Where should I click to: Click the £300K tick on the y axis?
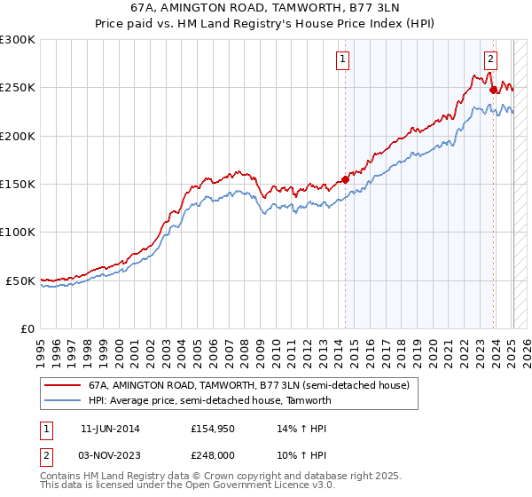coord(18,40)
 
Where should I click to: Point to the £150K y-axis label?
coord(18,185)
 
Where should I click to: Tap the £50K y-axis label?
coord(20,280)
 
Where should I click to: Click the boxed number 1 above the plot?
coord(342,59)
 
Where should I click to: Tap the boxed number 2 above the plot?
coord(490,59)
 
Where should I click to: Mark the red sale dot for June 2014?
coord(346,179)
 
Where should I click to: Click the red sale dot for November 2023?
coord(494,90)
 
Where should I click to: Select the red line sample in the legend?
coord(62,386)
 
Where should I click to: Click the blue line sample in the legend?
coord(62,400)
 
